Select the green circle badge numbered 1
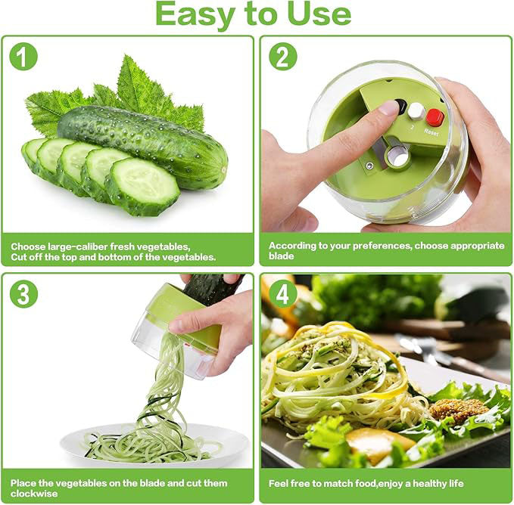23,57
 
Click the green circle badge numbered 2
282,57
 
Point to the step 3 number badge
23,293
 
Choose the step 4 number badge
282,293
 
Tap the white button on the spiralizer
416,111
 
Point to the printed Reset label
431,132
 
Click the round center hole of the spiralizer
397,156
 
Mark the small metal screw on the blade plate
370,166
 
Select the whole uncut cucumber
144,144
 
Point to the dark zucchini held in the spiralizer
212,287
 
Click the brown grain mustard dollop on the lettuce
458,409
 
